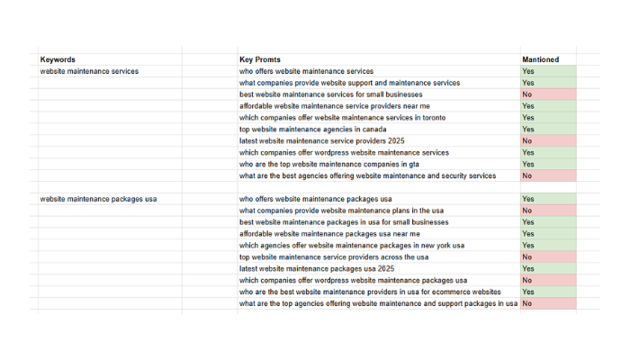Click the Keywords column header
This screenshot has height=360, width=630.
[58, 59]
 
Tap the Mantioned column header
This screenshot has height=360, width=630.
[540, 59]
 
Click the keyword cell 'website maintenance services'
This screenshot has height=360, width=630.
[89, 71]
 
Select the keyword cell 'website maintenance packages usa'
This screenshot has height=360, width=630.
[98, 199]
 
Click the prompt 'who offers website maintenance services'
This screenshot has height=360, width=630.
[306, 71]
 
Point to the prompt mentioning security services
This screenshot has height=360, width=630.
[367, 176]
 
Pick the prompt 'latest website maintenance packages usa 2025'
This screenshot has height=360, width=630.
[318, 269]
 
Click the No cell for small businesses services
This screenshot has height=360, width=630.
[527, 94]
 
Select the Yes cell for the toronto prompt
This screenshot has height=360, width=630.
[527, 118]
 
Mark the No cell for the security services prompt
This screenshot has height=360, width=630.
[527, 176]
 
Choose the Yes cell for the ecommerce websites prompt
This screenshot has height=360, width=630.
[527, 292]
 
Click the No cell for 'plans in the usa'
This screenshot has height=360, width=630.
[527, 211]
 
